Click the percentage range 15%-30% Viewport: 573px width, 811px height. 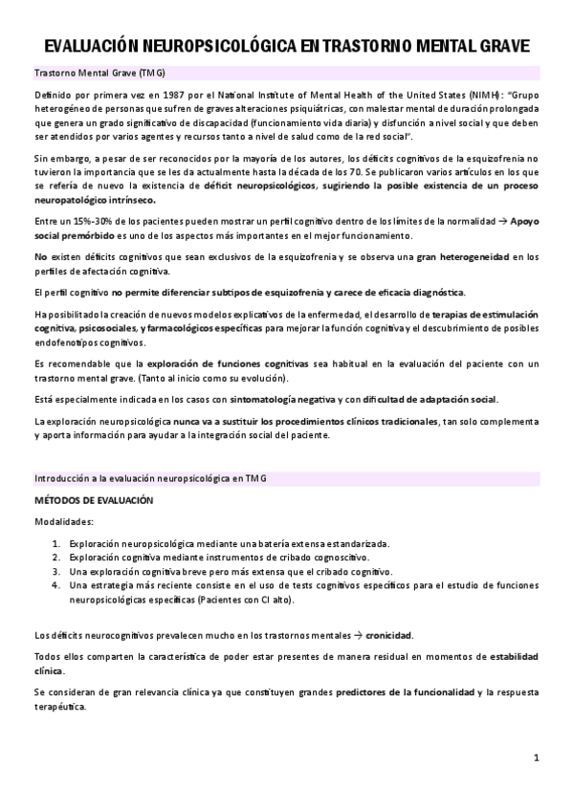(x=78, y=222)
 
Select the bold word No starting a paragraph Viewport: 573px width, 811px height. (x=40, y=256)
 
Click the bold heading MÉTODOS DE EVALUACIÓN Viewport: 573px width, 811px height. (x=93, y=500)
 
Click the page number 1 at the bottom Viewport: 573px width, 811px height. (x=537, y=758)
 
